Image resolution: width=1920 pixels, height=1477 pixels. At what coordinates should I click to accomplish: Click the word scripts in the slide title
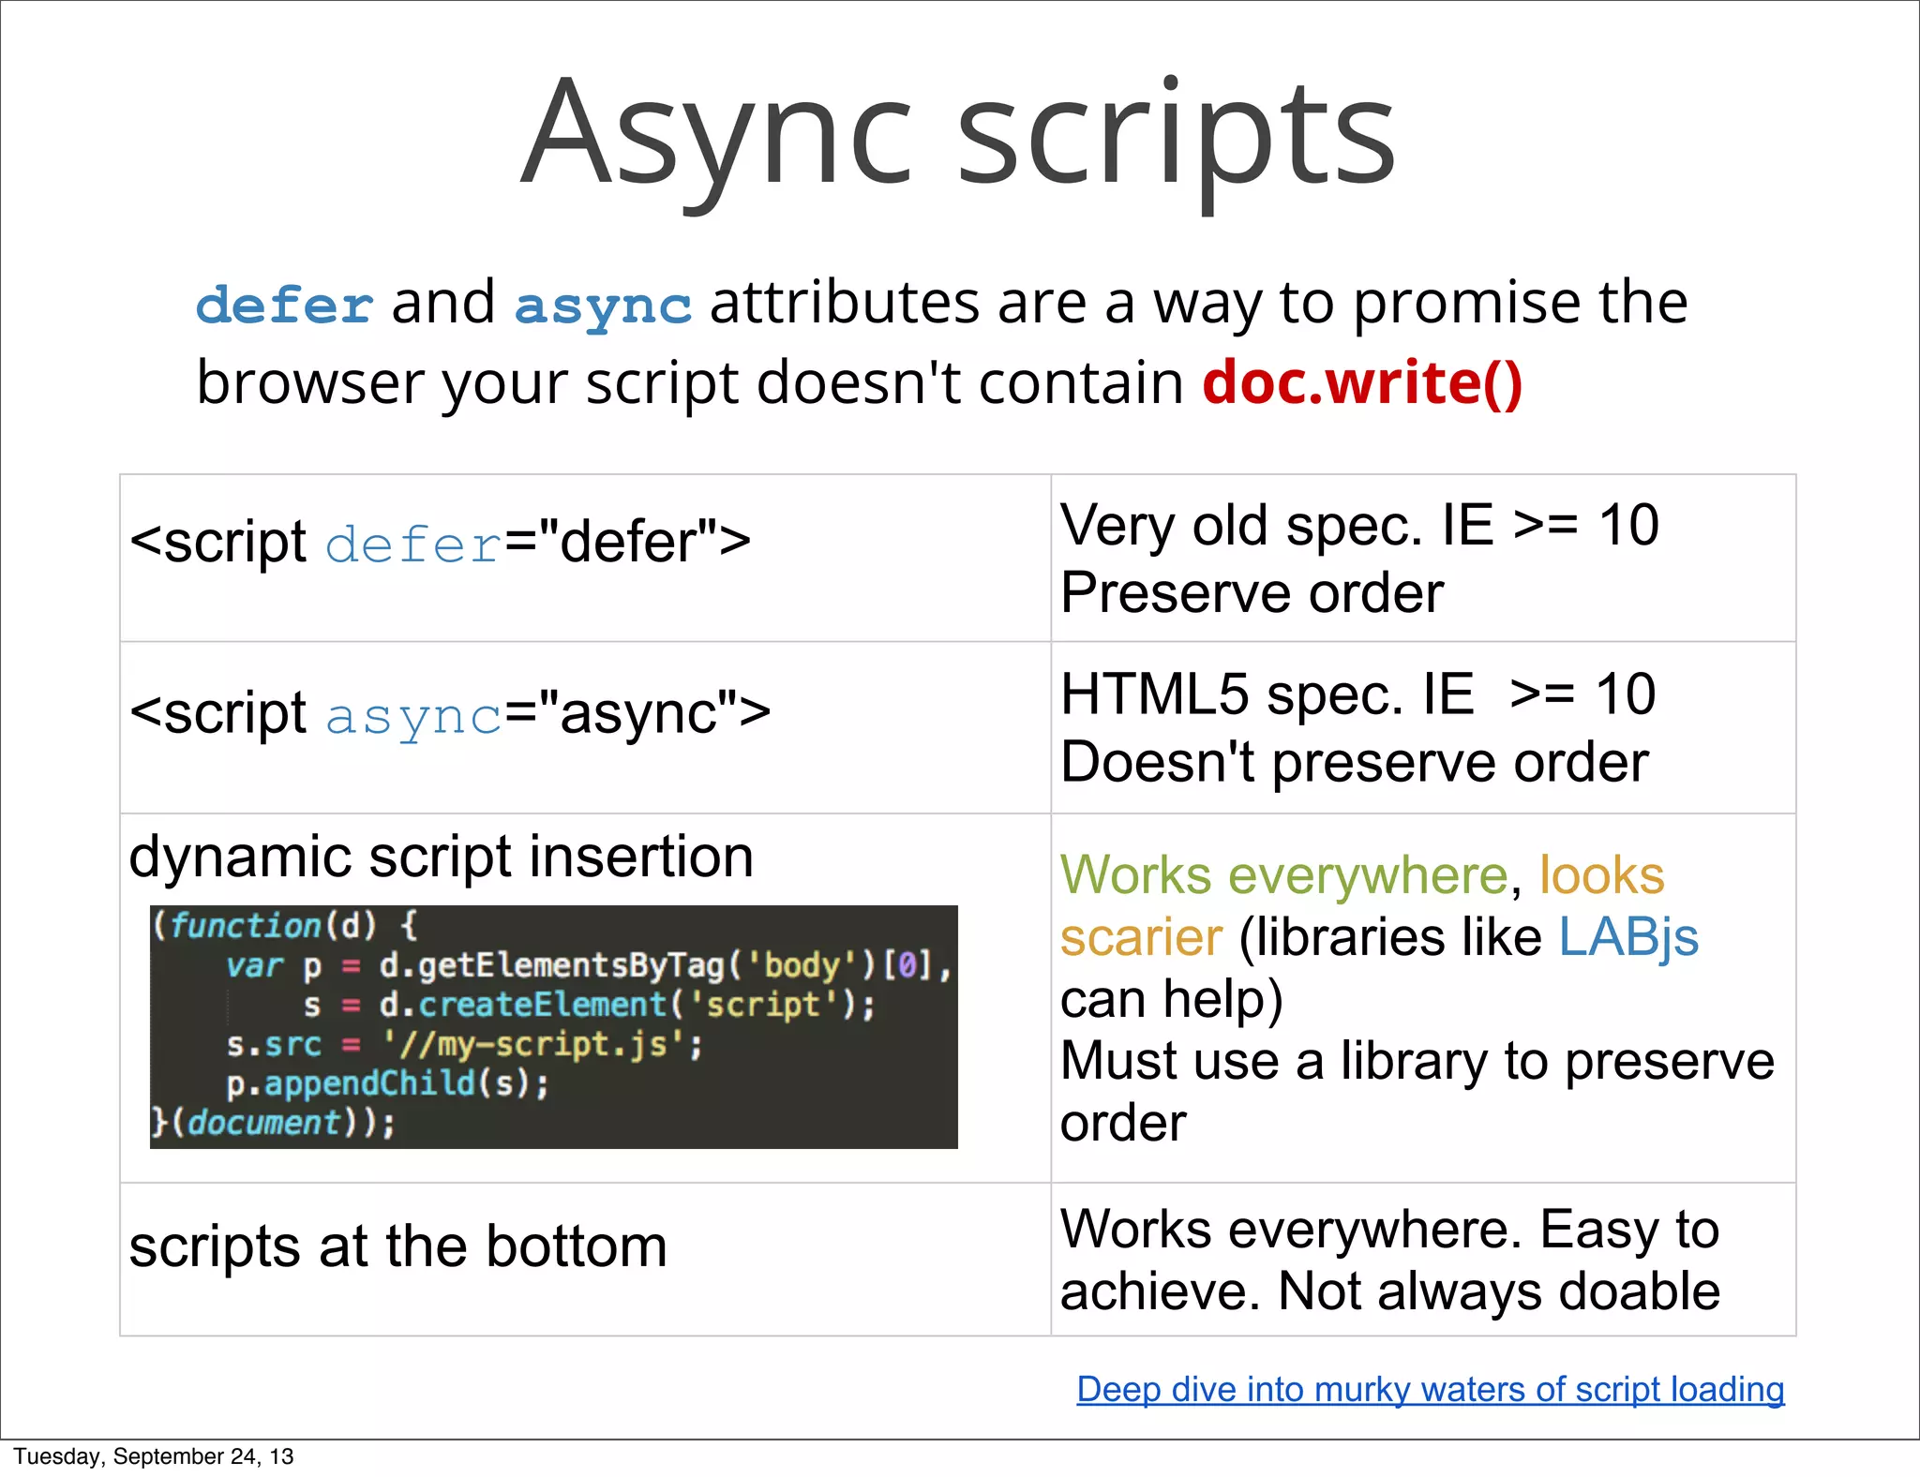1176,136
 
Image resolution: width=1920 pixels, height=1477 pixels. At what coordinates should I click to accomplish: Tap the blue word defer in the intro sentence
284,306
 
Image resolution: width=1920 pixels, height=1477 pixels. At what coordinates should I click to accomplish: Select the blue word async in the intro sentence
603,306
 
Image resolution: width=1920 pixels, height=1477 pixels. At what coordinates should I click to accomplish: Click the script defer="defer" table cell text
440,543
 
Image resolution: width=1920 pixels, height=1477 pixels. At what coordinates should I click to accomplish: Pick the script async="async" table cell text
450,714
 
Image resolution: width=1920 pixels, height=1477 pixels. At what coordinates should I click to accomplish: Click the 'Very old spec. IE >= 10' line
1359,525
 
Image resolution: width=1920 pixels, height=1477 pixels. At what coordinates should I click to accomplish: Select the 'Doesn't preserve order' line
1354,762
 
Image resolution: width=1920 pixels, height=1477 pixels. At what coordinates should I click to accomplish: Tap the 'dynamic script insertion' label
441,857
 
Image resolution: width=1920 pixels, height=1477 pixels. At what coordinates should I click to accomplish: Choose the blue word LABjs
1628,937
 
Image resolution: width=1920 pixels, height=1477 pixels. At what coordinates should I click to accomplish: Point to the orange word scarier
1141,937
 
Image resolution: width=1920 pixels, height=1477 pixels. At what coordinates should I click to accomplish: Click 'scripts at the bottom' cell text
397,1247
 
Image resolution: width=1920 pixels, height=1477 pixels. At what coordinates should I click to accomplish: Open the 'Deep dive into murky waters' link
1430,1389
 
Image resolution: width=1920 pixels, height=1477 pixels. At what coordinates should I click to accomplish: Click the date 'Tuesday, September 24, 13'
153,1456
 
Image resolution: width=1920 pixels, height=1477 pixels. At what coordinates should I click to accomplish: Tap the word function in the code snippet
246,926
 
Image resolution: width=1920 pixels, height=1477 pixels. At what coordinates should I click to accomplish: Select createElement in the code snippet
542,1005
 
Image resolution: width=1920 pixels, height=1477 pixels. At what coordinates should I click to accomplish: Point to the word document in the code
264,1123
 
